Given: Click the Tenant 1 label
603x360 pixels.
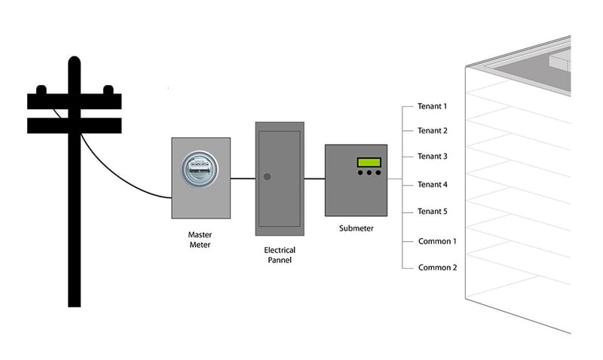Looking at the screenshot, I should point(433,106).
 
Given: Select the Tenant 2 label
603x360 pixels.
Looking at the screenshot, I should point(433,130).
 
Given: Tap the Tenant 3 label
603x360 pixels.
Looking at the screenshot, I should point(433,157).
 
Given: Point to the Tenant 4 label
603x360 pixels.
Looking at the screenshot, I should point(433,185).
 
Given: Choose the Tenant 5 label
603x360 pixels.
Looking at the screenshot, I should point(433,212).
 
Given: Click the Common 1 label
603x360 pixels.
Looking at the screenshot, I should point(437,241).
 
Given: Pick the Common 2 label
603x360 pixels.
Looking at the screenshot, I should point(437,267).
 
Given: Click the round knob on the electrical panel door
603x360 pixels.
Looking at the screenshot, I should point(266,178).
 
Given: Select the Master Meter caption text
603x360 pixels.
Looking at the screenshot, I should point(200,239).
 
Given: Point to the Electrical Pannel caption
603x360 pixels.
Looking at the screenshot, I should point(280,255).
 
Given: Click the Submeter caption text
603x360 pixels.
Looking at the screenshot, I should point(356,228).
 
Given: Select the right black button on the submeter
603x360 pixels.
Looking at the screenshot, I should point(378,173).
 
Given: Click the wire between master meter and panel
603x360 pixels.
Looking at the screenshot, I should point(242,178).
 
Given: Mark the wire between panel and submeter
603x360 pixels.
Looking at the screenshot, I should point(314,178).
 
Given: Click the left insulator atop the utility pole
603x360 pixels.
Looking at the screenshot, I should point(41,90).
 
